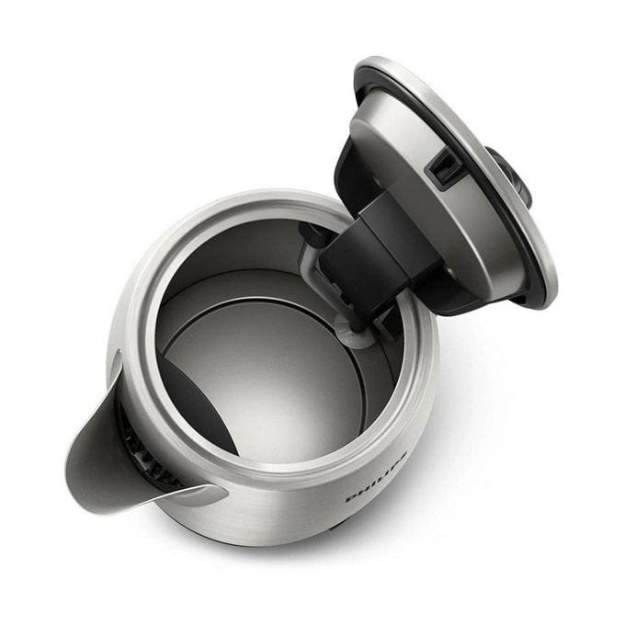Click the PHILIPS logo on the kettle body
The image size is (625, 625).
pyautogui.click(x=377, y=477)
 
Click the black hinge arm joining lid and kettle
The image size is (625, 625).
pyautogui.click(x=379, y=256)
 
